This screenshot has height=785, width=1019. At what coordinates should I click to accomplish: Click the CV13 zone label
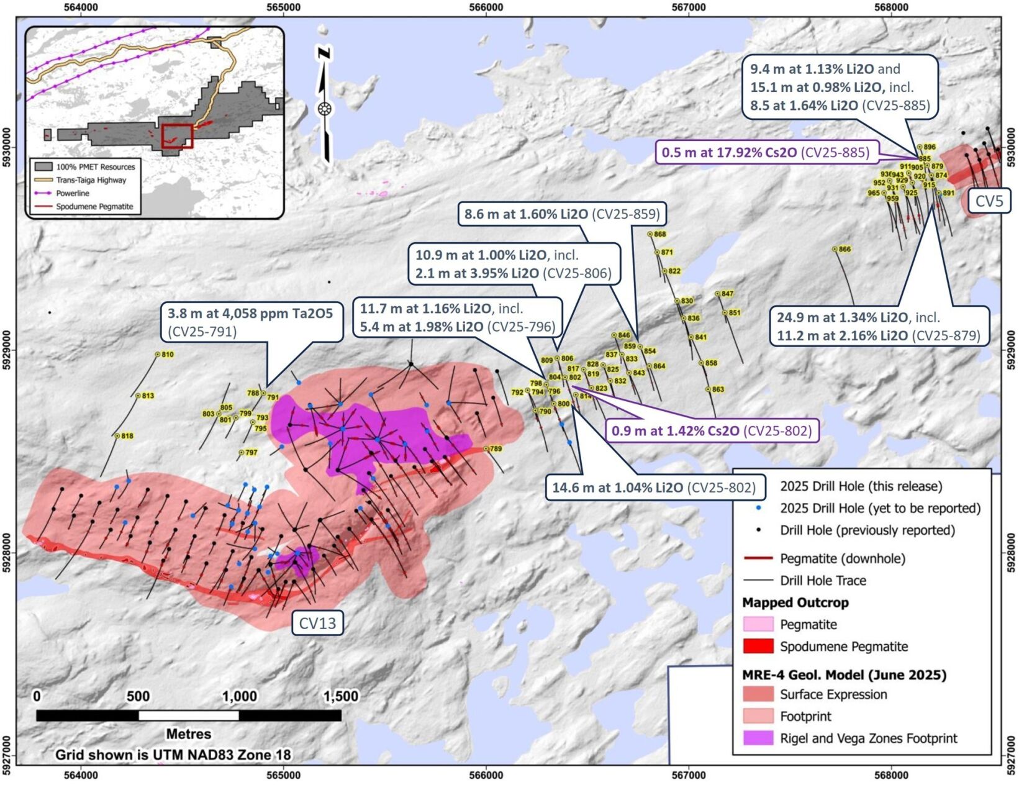click(x=317, y=623)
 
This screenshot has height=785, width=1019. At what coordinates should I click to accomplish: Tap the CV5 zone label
click(x=989, y=201)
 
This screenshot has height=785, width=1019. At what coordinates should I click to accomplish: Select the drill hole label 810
click(x=167, y=355)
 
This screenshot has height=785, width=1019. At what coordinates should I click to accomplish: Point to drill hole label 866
click(x=845, y=249)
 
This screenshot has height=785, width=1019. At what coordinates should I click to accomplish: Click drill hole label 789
click(x=496, y=448)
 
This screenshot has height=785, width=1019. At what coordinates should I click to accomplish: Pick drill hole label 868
click(x=659, y=234)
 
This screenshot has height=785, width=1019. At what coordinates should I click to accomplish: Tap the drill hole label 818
click(x=127, y=436)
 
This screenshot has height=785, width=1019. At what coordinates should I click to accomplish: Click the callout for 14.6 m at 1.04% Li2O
click(x=653, y=488)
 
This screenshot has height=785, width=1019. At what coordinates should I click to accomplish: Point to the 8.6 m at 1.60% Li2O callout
click(x=562, y=214)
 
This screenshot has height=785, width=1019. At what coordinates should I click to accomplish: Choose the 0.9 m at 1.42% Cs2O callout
click(x=712, y=430)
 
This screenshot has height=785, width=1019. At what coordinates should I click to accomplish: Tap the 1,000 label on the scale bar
click(x=239, y=696)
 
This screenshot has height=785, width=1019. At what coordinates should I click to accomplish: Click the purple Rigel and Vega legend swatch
click(x=758, y=738)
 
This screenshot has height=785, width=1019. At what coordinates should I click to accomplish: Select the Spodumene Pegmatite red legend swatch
click(x=758, y=646)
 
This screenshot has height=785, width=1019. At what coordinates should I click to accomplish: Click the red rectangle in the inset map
click(x=178, y=136)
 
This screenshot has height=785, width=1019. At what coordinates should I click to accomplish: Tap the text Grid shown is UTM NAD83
click(x=173, y=755)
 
